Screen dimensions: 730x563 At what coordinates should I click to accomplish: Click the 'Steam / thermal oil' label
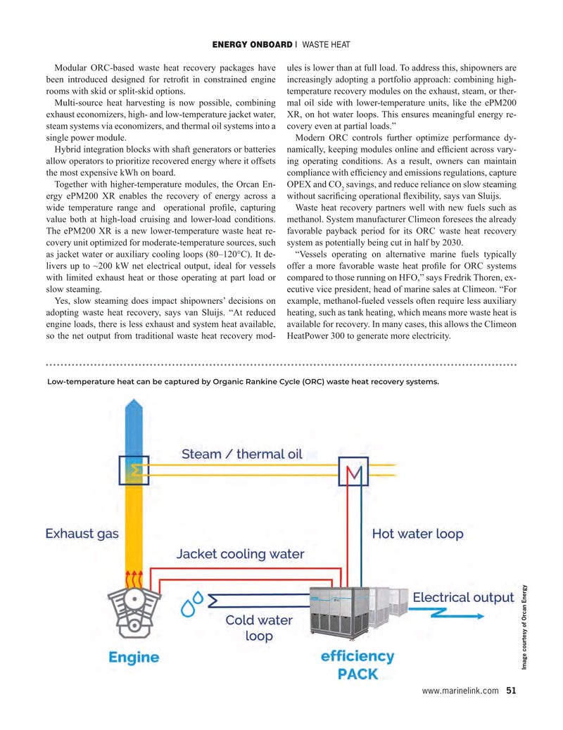(x=242, y=454)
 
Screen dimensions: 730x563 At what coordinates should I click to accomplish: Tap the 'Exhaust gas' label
(x=82, y=534)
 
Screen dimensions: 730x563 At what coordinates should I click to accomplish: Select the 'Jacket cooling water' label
(x=240, y=553)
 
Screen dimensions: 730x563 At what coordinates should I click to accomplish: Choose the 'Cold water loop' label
(x=258, y=628)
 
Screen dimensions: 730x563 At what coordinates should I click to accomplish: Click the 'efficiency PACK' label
(x=358, y=665)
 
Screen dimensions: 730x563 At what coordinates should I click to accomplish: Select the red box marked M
(x=354, y=477)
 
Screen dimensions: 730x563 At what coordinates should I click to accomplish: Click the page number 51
(x=511, y=691)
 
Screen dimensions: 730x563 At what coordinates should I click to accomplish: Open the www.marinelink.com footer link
(x=460, y=691)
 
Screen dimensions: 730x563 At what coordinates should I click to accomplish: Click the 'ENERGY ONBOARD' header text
(x=251, y=45)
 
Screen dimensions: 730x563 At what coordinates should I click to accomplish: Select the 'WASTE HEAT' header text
(x=326, y=45)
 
